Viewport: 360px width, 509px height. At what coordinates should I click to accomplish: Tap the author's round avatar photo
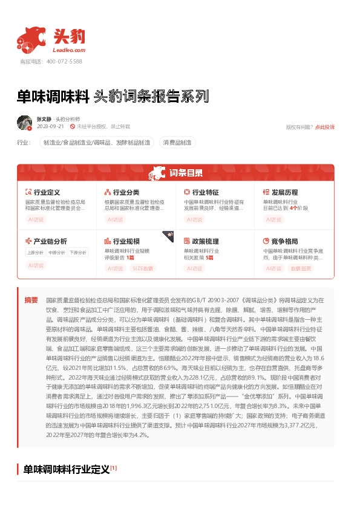click(x=24, y=123)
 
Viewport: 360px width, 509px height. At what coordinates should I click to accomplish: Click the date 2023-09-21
click(x=50, y=126)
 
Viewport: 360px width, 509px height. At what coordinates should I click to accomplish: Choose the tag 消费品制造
click(x=178, y=143)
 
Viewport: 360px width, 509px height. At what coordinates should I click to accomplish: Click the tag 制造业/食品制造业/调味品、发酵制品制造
click(x=96, y=143)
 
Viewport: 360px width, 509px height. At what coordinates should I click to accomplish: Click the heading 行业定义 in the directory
click(x=47, y=191)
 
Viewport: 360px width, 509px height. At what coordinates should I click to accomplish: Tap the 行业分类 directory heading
click(x=126, y=191)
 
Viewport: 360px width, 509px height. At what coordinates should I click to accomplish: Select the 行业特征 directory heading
click(x=206, y=191)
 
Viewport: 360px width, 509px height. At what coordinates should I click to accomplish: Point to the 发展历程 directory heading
click(x=285, y=191)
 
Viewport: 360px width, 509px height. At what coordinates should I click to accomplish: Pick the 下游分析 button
click(x=77, y=253)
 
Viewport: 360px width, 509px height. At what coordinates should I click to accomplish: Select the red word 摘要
click(x=30, y=300)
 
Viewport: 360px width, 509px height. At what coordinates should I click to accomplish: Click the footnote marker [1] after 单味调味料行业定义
click(x=114, y=467)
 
